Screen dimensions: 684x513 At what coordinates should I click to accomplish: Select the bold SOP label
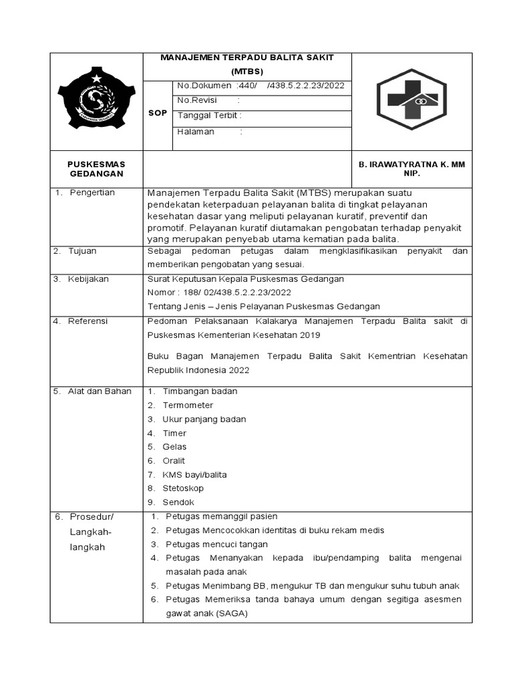[x=158, y=114]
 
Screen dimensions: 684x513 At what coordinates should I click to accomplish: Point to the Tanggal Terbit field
[x=209, y=115]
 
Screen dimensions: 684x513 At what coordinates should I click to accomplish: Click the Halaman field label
[x=196, y=132]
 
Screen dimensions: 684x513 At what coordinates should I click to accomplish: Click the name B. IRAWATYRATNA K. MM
[x=412, y=164]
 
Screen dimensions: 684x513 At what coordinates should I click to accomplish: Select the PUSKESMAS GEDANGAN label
[x=97, y=168]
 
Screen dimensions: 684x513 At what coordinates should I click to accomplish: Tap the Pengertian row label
[x=92, y=192]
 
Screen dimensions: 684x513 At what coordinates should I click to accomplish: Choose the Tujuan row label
[x=82, y=251]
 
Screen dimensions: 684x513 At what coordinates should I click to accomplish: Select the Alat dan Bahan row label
[x=100, y=391]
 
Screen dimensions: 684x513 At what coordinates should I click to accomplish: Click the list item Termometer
[x=188, y=405]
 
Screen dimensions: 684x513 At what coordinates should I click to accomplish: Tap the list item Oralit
[x=174, y=461]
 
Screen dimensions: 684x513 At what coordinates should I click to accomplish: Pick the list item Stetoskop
[x=183, y=488]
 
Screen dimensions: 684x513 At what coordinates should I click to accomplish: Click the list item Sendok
[x=178, y=502]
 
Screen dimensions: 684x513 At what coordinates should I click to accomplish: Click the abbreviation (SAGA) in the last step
[x=231, y=613]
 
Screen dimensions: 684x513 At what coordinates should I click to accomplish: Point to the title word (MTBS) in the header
[x=247, y=71]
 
